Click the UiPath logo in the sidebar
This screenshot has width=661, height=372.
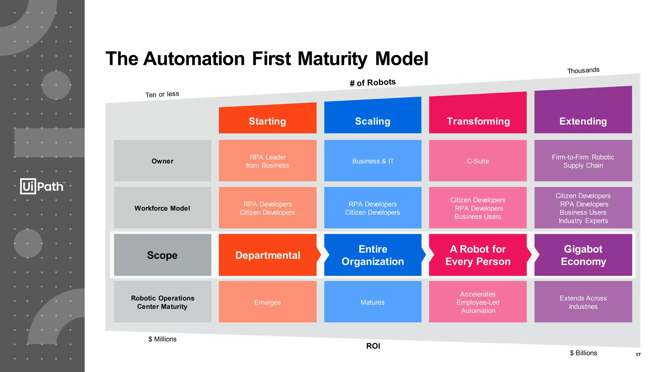coord(42,186)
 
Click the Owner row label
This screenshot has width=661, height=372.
coord(162,161)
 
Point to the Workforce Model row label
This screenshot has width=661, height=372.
coord(162,208)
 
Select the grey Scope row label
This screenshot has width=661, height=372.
coord(162,255)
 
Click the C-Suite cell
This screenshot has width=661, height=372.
coord(478,161)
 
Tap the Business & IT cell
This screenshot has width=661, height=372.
coord(372,161)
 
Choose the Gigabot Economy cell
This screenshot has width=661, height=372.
coord(583,255)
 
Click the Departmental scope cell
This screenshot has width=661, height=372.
coord(267,255)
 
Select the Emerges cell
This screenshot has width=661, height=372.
coord(267,302)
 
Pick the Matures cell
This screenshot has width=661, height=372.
coord(372,302)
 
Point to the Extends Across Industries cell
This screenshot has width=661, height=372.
coord(583,302)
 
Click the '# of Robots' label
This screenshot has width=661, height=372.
coord(372,83)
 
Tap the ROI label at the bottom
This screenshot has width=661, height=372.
coord(373,346)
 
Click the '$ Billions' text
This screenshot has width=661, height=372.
coord(583,353)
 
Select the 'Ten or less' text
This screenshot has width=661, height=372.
coord(162,94)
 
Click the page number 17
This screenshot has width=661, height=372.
coord(638,355)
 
